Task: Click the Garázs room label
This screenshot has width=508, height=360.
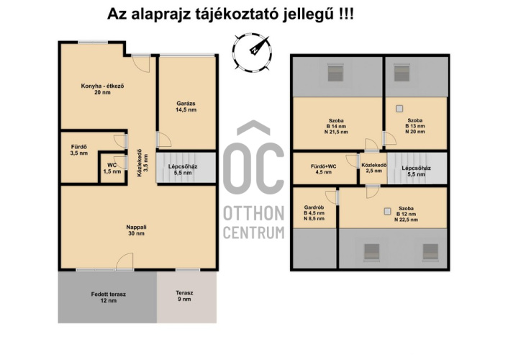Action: point(186,107)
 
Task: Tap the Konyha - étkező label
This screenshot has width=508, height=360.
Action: point(102,89)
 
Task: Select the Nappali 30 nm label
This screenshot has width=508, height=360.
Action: point(136,230)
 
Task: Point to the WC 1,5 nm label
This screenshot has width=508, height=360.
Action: point(112,168)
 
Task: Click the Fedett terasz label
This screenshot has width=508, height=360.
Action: point(108,297)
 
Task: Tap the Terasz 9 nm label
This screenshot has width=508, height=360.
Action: point(184,296)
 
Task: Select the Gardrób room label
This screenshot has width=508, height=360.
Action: point(314,212)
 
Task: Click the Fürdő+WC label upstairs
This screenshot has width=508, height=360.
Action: point(323,169)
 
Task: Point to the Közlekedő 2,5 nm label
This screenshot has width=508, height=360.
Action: point(374,168)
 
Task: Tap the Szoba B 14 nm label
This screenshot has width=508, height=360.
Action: point(336,126)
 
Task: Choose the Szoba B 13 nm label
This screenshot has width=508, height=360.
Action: point(415,126)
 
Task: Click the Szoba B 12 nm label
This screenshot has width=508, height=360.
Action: point(406,214)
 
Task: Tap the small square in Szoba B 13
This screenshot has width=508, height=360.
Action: point(399,109)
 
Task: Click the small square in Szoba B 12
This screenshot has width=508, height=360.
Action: point(388,211)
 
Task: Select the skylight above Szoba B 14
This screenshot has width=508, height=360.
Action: point(335,73)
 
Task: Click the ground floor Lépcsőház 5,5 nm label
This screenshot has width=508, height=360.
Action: point(183,169)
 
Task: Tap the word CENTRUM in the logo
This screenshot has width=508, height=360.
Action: point(254,233)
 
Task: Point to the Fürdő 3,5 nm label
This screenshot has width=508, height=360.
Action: point(79,150)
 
